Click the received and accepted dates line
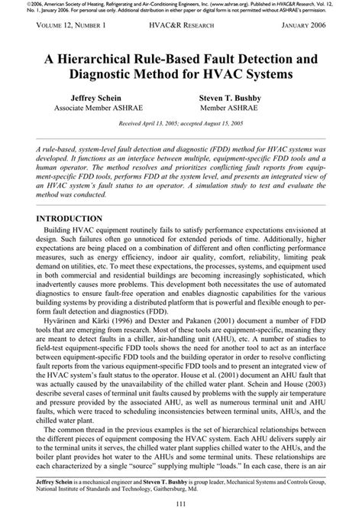pyautogui.click(x=181, y=122)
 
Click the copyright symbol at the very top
pyautogui.click(x=7, y=4)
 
